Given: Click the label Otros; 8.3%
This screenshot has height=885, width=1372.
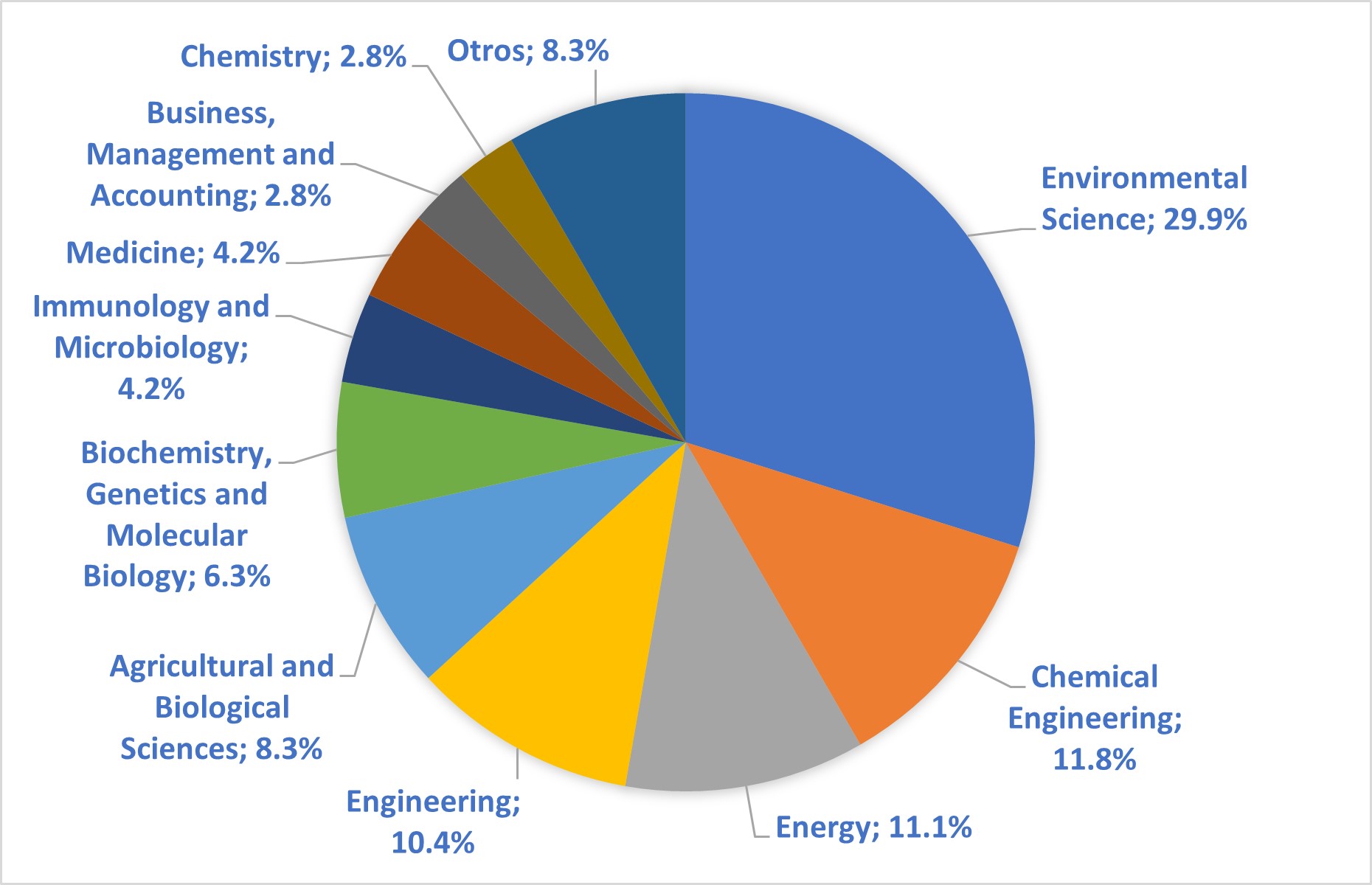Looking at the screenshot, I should click(528, 51).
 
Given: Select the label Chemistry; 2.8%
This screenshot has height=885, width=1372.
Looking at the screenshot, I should click(293, 57).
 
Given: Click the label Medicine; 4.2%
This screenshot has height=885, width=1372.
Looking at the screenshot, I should click(173, 253).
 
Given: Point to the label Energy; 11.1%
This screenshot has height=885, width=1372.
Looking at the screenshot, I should click(873, 827).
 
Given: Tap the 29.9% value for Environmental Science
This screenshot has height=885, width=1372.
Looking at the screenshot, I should click(1205, 220).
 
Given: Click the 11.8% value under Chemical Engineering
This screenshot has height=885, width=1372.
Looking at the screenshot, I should click(1094, 760).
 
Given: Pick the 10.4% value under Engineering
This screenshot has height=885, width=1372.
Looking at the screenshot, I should click(432, 842).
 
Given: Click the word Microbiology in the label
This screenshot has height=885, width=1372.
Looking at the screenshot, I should click(151, 348).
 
